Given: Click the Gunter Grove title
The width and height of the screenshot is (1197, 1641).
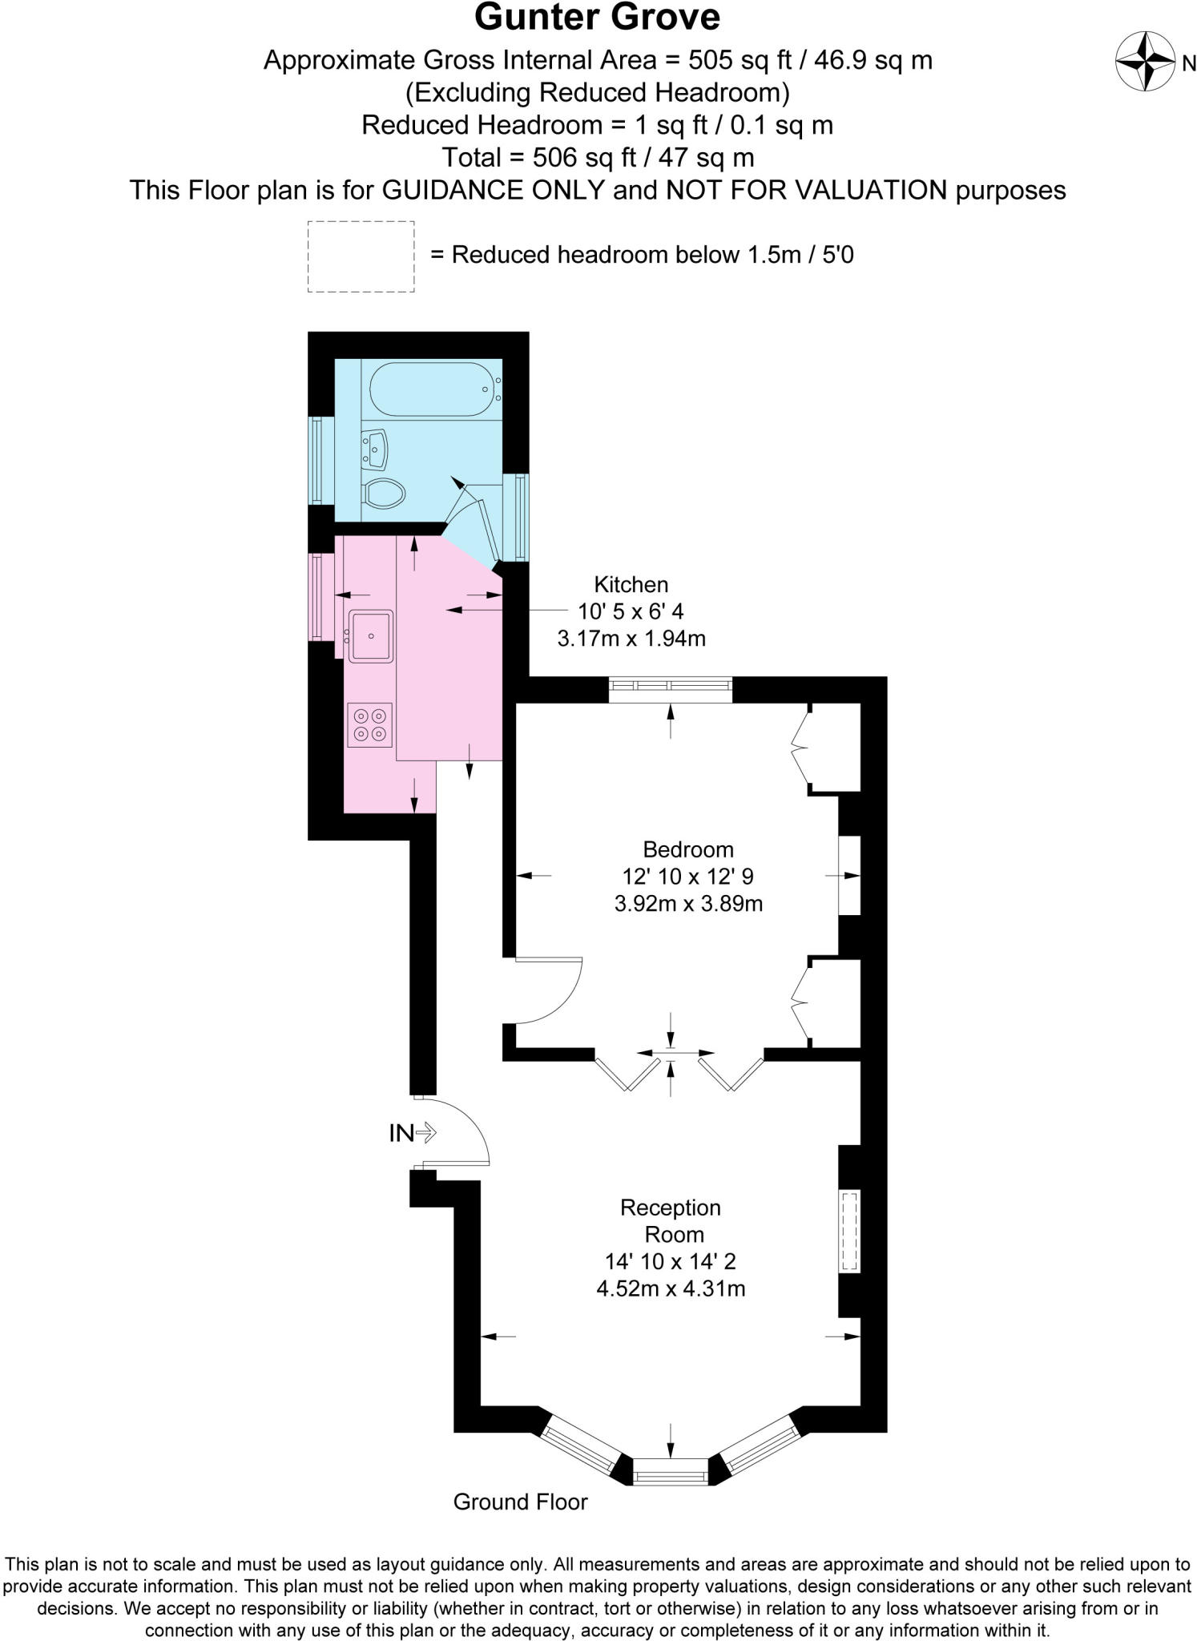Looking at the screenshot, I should click(x=597, y=18).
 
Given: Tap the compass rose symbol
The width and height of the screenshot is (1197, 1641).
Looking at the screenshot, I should click(x=1146, y=62).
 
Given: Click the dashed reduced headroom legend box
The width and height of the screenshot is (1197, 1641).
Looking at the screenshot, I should click(x=361, y=256).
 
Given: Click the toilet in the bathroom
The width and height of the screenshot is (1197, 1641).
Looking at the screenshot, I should click(x=383, y=493).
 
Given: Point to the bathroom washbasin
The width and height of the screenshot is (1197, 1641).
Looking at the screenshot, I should click(x=375, y=450).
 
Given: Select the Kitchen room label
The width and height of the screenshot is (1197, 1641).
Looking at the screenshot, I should click(x=631, y=584).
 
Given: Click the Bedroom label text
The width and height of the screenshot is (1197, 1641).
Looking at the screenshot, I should click(x=687, y=849).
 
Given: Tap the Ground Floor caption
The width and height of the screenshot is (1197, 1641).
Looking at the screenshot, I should click(x=520, y=1502).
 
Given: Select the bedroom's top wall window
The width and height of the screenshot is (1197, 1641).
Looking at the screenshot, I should click(x=671, y=686).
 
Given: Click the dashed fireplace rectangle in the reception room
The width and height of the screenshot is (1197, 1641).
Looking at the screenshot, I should click(x=849, y=1232).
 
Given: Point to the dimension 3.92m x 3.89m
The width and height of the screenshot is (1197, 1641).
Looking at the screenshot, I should click(x=687, y=904).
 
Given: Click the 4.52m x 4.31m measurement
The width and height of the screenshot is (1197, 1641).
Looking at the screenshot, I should click(x=671, y=1289).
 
